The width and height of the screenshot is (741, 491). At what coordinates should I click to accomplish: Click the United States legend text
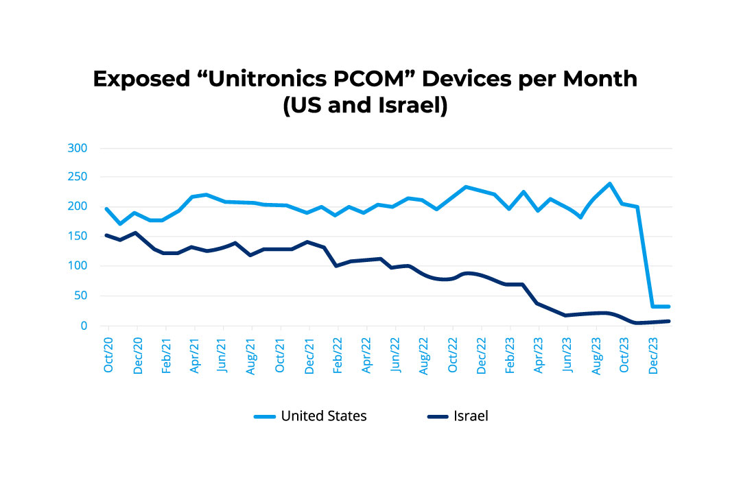pyautogui.click(x=324, y=416)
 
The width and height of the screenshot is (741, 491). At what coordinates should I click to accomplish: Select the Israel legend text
pyautogui.click(x=470, y=416)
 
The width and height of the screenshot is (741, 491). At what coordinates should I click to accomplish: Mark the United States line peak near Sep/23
pyautogui.click(x=609, y=184)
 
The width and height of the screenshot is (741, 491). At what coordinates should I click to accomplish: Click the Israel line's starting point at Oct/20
pyautogui.click(x=106, y=235)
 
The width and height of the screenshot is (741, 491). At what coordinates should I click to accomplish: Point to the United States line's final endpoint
pyautogui.click(x=668, y=307)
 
